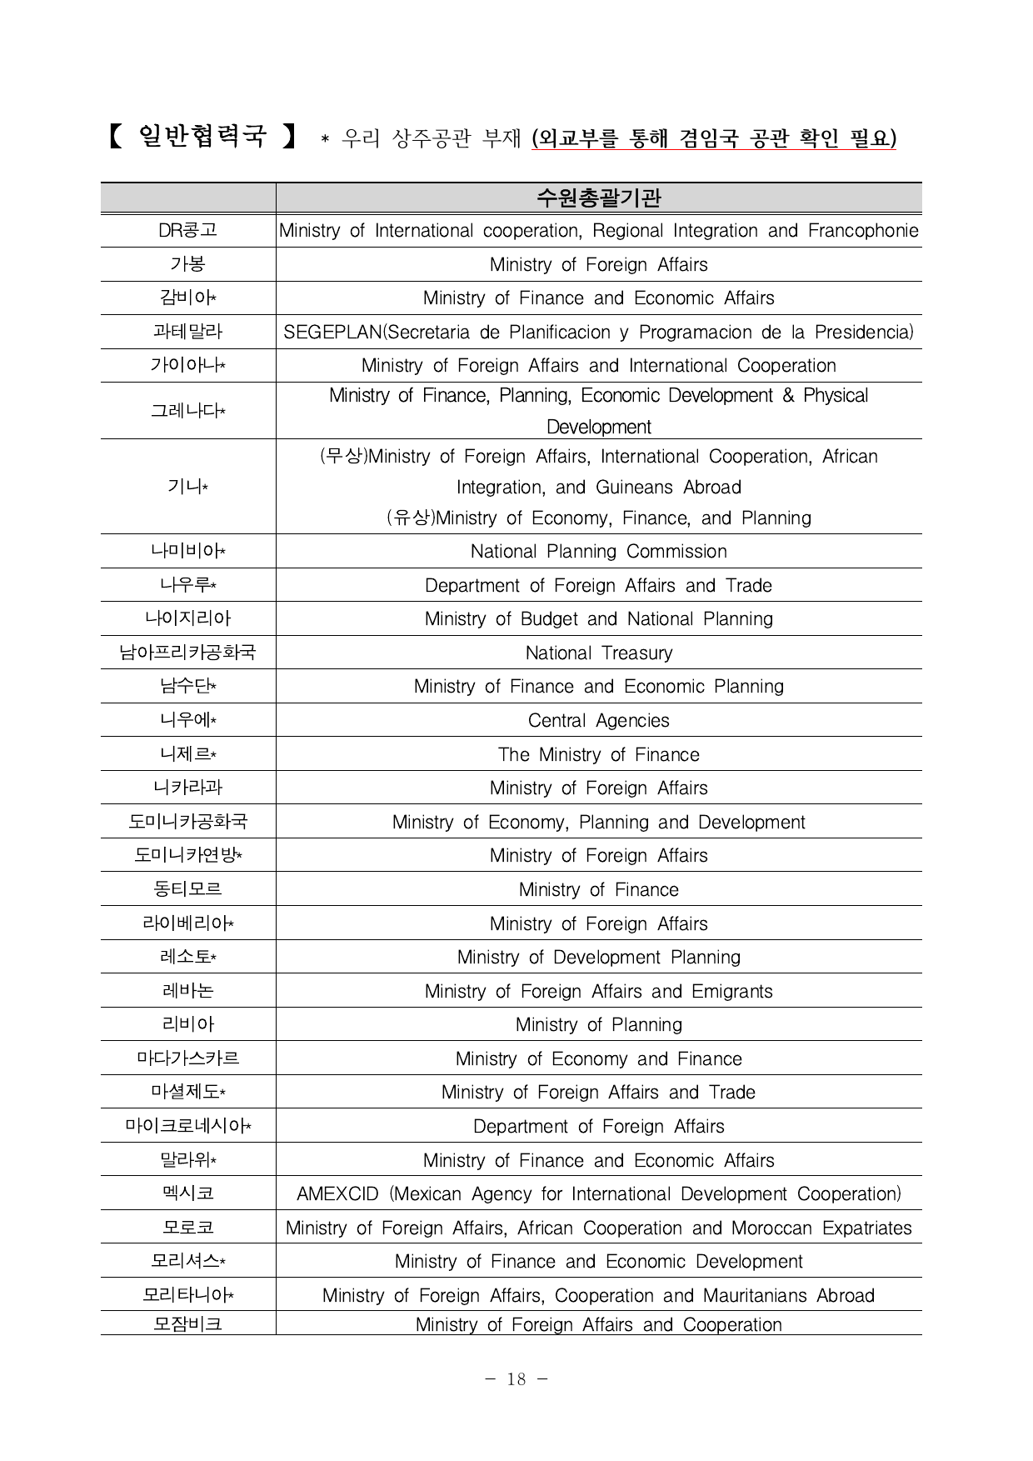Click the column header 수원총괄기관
(x=598, y=198)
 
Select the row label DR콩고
(x=187, y=230)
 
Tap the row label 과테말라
(x=187, y=332)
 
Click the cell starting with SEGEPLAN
(x=598, y=332)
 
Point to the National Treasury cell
(x=598, y=653)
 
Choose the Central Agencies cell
(x=598, y=720)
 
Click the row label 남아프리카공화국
(x=187, y=653)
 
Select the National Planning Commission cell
(x=598, y=551)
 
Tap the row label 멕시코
(x=187, y=1193)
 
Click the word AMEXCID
(x=337, y=1193)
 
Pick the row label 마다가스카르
(x=187, y=1058)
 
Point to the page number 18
(x=516, y=1379)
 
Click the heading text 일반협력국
(x=202, y=136)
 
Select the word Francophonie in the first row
(x=863, y=230)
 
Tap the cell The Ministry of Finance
(x=598, y=754)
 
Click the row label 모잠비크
(x=187, y=1324)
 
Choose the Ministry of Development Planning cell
(x=598, y=957)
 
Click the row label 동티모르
(x=187, y=889)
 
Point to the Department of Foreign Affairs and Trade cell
(x=598, y=585)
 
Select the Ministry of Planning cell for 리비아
(x=598, y=1024)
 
